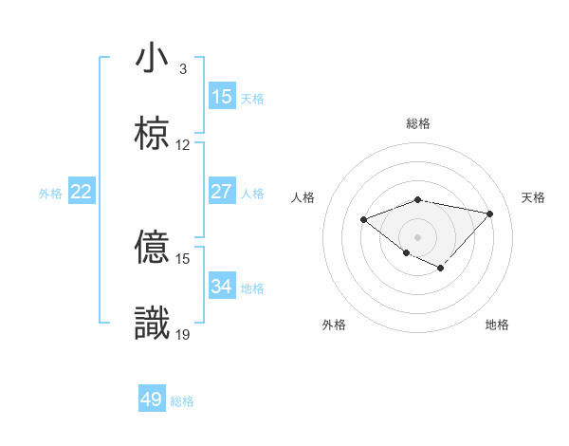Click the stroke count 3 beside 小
(x=183, y=69)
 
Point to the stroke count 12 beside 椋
(x=183, y=145)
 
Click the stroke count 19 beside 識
(x=183, y=334)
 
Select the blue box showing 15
(x=222, y=97)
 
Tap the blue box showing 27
(x=222, y=192)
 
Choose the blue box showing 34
(x=222, y=287)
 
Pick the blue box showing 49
(x=152, y=400)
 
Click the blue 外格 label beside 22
(x=50, y=194)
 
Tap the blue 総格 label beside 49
(x=182, y=401)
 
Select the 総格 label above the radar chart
(x=418, y=124)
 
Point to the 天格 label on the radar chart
(x=534, y=197)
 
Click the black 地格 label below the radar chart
(x=497, y=325)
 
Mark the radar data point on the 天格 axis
(x=490, y=214)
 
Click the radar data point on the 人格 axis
(x=363, y=220)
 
